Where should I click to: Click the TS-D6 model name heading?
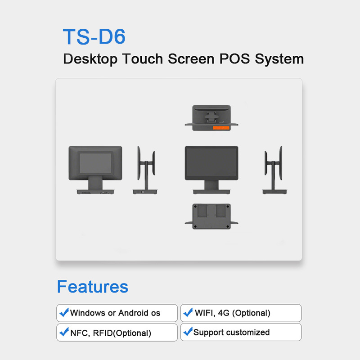click(x=94, y=36)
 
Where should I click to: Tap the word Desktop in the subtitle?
click(x=90, y=59)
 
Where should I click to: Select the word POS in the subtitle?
click(x=234, y=58)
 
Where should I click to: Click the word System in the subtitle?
click(x=279, y=59)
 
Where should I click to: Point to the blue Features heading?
click(x=93, y=287)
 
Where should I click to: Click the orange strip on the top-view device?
click(x=221, y=128)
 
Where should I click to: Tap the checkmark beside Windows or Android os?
click(x=64, y=312)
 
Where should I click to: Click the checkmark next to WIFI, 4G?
click(x=188, y=312)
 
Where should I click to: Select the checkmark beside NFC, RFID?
click(x=64, y=332)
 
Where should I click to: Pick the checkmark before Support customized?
click(x=188, y=331)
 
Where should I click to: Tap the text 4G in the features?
click(x=224, y=313)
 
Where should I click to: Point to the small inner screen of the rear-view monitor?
click(x=95, y=163)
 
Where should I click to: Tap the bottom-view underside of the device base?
click(x=211, y=216)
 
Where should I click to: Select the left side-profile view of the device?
click(x=145, y=170)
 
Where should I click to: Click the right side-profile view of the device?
click(x=274, y=170)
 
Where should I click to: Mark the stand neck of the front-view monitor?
click(x=211, y=185)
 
